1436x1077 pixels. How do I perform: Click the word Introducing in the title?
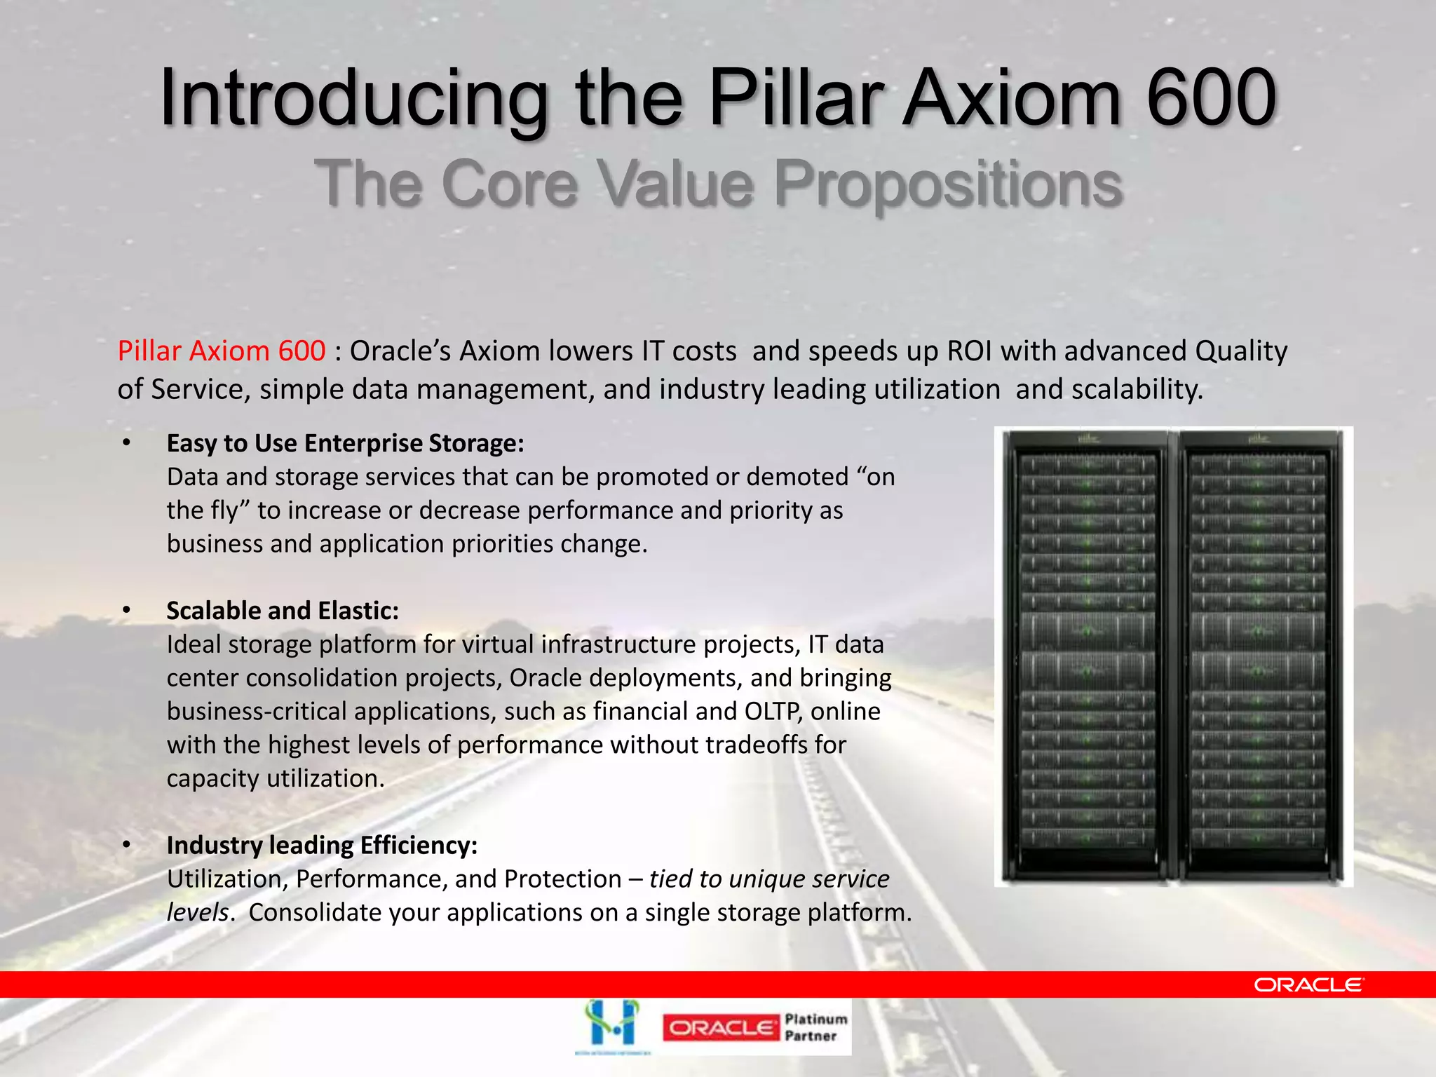353,98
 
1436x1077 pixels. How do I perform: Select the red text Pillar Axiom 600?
221,351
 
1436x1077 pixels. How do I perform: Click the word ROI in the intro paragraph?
970,351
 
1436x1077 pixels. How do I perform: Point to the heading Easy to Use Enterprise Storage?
345,443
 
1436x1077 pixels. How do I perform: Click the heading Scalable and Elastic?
282,611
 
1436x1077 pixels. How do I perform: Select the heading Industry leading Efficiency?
322,846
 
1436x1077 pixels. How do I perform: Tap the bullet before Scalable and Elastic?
126,611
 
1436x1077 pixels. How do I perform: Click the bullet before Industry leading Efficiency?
126,846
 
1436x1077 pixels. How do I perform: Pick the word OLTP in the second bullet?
773,711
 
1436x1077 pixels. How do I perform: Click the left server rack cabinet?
1085,656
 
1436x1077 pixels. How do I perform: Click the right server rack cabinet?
1259,656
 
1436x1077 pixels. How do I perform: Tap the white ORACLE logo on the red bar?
1308,985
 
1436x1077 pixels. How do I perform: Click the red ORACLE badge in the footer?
720,1028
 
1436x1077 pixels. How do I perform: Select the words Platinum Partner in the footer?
815,1027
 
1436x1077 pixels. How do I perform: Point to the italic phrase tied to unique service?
769,879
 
